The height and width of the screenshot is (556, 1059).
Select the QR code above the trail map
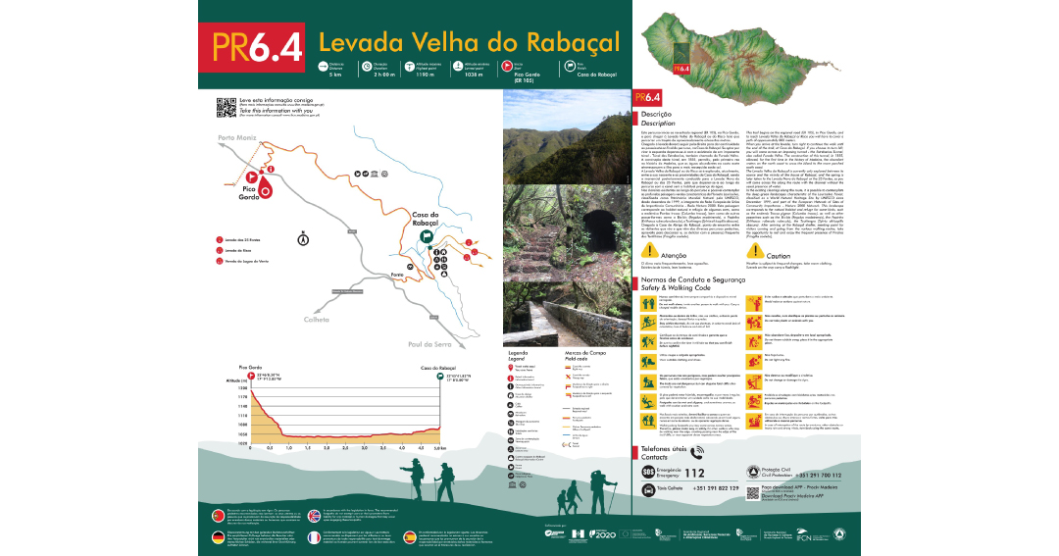pos(225,106)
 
